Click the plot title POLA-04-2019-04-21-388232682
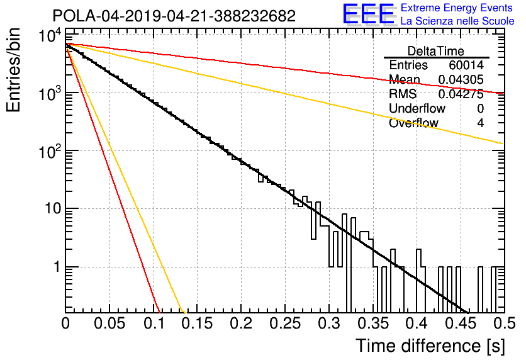(174, 16)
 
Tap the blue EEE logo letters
(368, 14)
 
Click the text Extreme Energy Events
(457, 8)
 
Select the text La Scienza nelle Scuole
(457, 21)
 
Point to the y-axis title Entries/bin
(13, 70)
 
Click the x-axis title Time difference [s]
(430, 346)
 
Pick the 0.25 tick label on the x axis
(285, 323)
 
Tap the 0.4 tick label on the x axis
(417, 323)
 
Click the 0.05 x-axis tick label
(109, 323)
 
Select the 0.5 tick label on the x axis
(505, 323)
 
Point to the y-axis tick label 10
(53, 209)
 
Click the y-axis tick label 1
(57, 267)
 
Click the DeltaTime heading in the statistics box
(436, 51)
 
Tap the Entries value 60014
(466, 65)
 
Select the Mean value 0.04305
(461, 79)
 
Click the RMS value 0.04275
(461, 94)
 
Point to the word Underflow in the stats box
(417, 108)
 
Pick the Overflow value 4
(480, 123)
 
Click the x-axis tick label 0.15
(198, 323)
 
